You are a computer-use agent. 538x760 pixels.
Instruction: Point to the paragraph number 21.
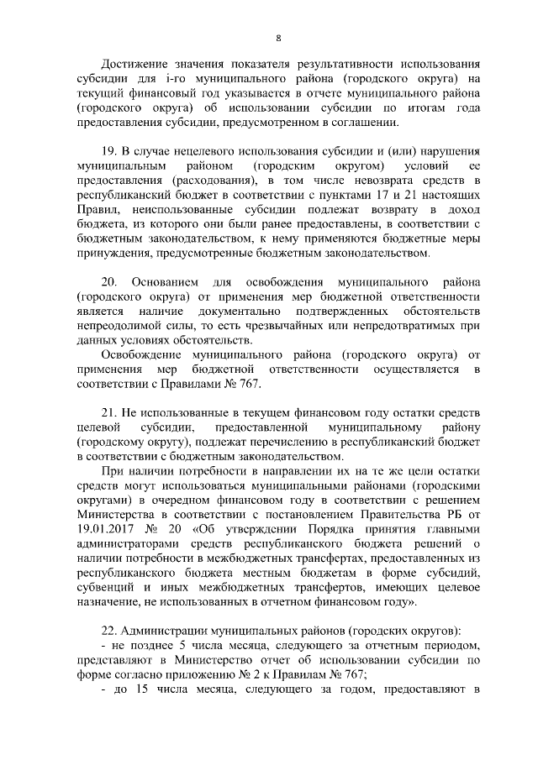coord(108,416)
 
